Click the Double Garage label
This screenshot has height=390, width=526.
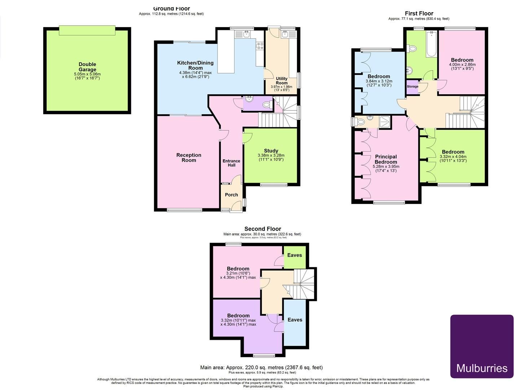tap(87, 67)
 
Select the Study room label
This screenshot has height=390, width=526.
tap(271, 151)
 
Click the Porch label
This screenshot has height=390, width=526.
tap(231, 195)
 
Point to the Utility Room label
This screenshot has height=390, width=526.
tap(282, 81)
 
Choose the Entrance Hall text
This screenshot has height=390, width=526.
tap(231, 163)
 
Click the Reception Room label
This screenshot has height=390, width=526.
tap(189, 157)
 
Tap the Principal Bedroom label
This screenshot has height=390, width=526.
tap(386, 159)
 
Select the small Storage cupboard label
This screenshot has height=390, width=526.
tap(413, 87)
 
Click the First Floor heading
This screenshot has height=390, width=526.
tap(419, 13)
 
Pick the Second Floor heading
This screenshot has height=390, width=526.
tap(262, 229)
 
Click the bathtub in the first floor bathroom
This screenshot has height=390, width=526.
tap(431, 45)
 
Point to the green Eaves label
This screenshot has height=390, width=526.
tap(294, 255)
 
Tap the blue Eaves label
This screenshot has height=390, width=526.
tap(295, 320)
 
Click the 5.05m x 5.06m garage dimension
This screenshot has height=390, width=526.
tap(87, 74)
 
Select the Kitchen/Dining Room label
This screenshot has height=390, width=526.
tap(195, 65)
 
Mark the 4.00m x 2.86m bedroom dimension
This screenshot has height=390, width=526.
tap(462, 65)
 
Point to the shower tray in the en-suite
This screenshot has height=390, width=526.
tap(385, 122)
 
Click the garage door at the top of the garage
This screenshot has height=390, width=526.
tap(87, 30)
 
